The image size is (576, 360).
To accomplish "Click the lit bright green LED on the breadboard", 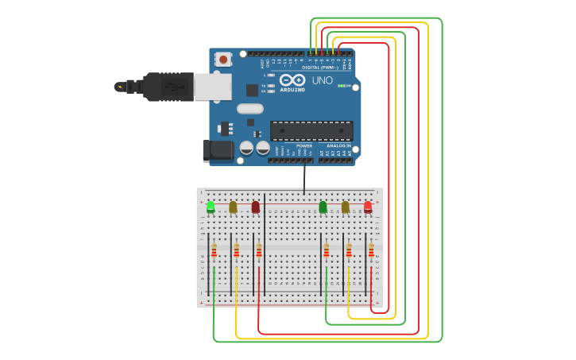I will (211, 207).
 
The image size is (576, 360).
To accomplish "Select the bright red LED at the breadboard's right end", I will (368, 207).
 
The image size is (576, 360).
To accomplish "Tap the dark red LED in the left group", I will (255, 207).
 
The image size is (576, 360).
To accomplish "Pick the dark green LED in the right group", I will (323, 207).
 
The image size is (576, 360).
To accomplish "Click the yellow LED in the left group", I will (233, 207).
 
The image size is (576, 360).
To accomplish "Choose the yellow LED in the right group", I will (345, 207).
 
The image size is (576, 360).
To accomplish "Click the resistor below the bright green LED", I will (214, 250).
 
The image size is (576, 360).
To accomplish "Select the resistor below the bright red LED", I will (371, 250).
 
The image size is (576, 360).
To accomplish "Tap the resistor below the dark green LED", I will (326, 250).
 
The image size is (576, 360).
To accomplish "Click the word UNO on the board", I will (322, 80).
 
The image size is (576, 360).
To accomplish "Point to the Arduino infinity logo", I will (292, 79).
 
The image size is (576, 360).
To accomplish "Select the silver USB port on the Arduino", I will (213, 87).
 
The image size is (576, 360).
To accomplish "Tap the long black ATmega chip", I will (311, 131).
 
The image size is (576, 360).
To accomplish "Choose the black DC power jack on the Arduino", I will (218, 151).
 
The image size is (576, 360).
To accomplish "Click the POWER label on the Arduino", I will (304, 146).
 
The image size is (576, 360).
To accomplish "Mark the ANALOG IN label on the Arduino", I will (338, 146).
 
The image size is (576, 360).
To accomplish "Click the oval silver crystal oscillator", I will (249, 109).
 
